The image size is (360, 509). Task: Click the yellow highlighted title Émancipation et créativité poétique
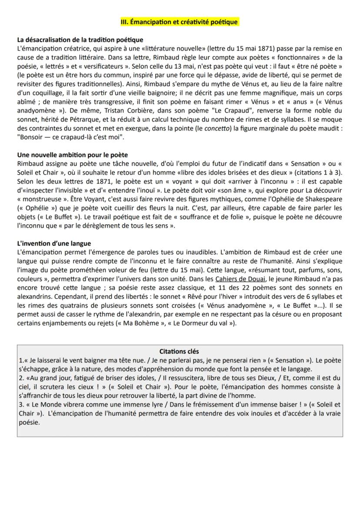tap(180, 21)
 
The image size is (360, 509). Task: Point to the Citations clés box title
tap(180, 351)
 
